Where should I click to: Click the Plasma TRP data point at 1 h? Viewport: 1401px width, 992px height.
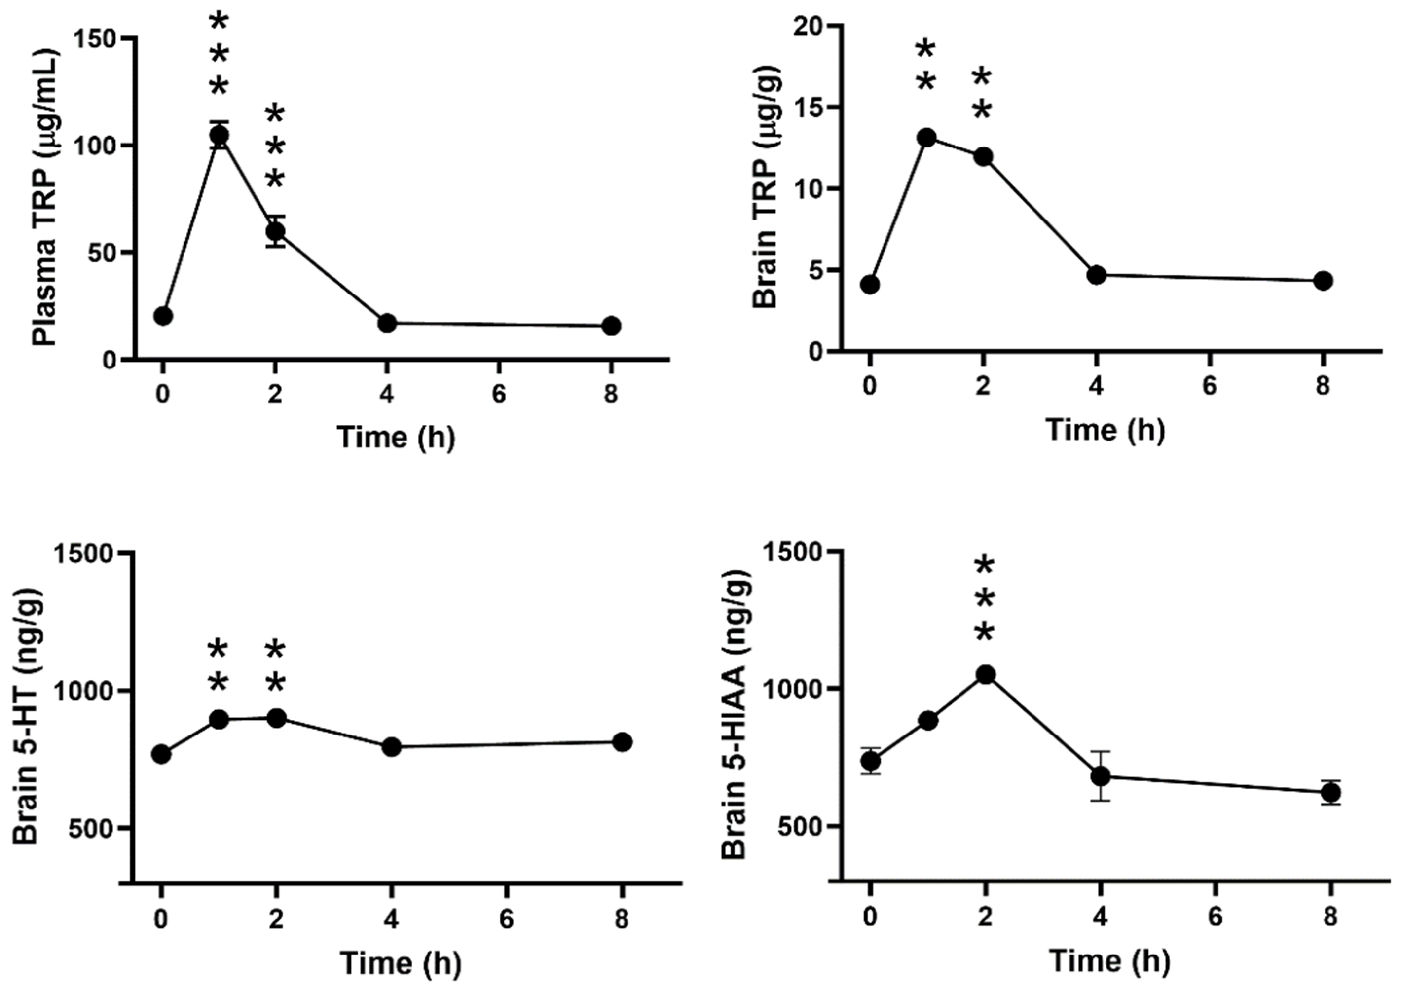point(219,135)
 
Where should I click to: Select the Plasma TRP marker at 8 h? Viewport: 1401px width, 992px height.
point(611,326)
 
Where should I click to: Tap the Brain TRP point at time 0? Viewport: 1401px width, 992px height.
point(870,284)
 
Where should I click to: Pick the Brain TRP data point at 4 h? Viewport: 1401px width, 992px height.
point(1097,274)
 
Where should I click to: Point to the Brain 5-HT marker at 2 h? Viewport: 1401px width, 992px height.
point(276,718)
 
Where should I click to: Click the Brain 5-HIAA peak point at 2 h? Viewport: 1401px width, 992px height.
point(985,675)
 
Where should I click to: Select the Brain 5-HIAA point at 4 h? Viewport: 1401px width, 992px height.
point(1101,776)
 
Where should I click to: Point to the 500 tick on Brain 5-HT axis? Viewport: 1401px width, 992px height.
point(89,829)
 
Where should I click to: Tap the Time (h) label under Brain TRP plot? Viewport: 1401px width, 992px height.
point(1106,430)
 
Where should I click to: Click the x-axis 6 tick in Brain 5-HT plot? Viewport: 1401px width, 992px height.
point(506,919)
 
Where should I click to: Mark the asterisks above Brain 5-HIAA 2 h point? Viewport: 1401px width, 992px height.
point(985,599)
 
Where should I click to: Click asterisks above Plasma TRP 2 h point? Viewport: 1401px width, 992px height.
point(275,147)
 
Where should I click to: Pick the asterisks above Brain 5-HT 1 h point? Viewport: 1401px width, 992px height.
point(218,667)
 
